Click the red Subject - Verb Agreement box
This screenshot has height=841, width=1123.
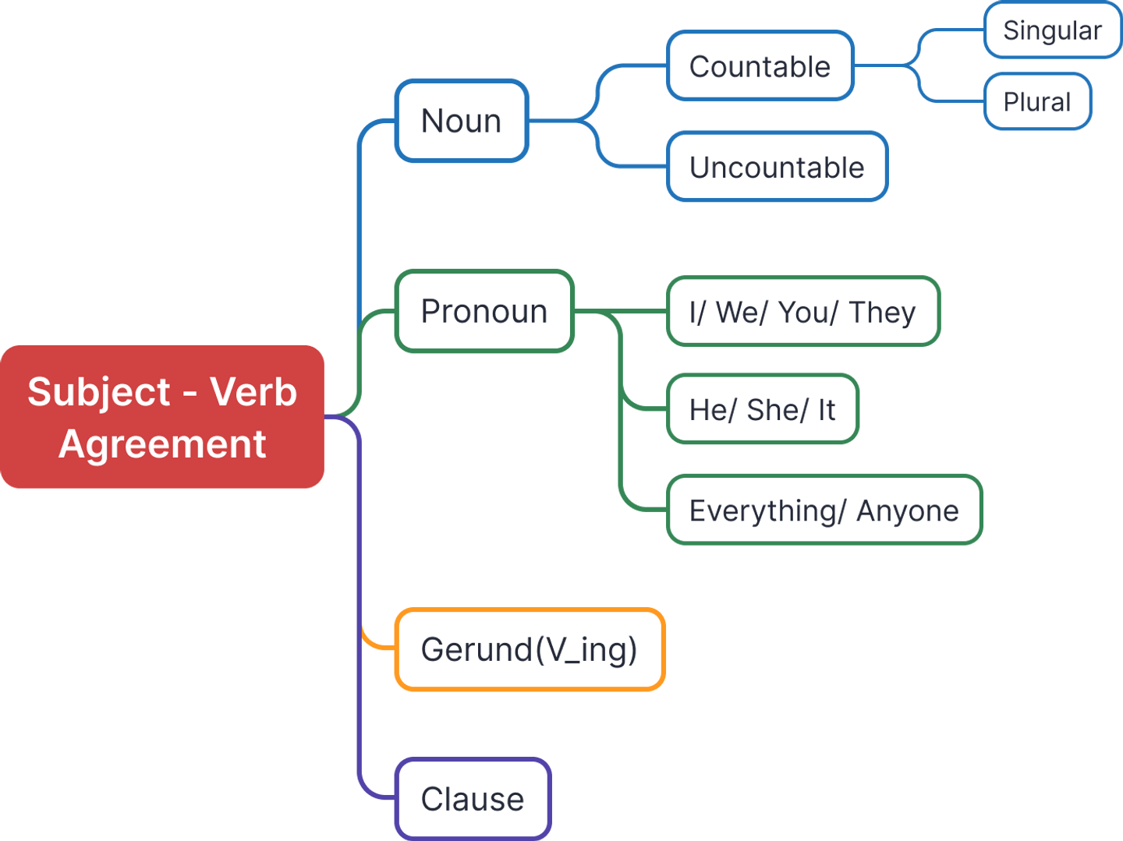[x=162, y=416]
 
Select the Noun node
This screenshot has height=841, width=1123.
[x=462, y=121]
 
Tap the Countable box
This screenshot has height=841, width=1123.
[x=760, y=66]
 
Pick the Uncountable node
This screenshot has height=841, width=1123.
[x=778, y=167]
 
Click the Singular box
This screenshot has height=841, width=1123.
[x=1052, y=30]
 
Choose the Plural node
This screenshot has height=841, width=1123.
[x=1037, y=101]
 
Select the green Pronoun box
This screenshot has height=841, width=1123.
[x=484, y=311]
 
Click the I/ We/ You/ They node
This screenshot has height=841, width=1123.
[x=803, y=312]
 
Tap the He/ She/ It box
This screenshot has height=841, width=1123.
[x=763, y=409]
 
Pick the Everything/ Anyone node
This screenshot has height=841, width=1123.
[x=824, y=510]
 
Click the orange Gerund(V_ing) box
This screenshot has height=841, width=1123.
[x=530, y=649]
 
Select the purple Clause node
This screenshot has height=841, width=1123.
[x=473, y=798]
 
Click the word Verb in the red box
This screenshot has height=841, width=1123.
[x=253, y=391]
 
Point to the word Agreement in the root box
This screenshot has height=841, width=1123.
[x=162, y=444]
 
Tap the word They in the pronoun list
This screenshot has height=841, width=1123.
[x=883, y=312]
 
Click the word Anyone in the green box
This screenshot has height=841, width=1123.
[x=907, y=511]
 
